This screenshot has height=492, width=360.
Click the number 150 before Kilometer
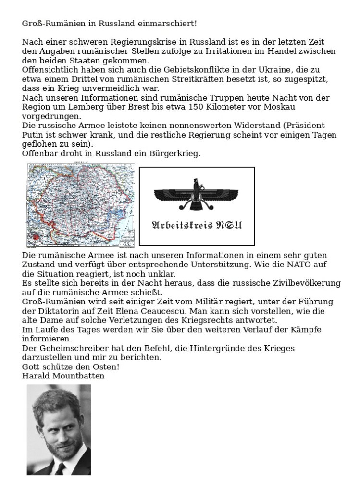pos(199,107)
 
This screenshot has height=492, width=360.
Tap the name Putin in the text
pos(33,135)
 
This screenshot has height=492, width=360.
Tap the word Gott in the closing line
pos(30,366)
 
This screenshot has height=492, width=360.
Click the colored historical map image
pos(81,204)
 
